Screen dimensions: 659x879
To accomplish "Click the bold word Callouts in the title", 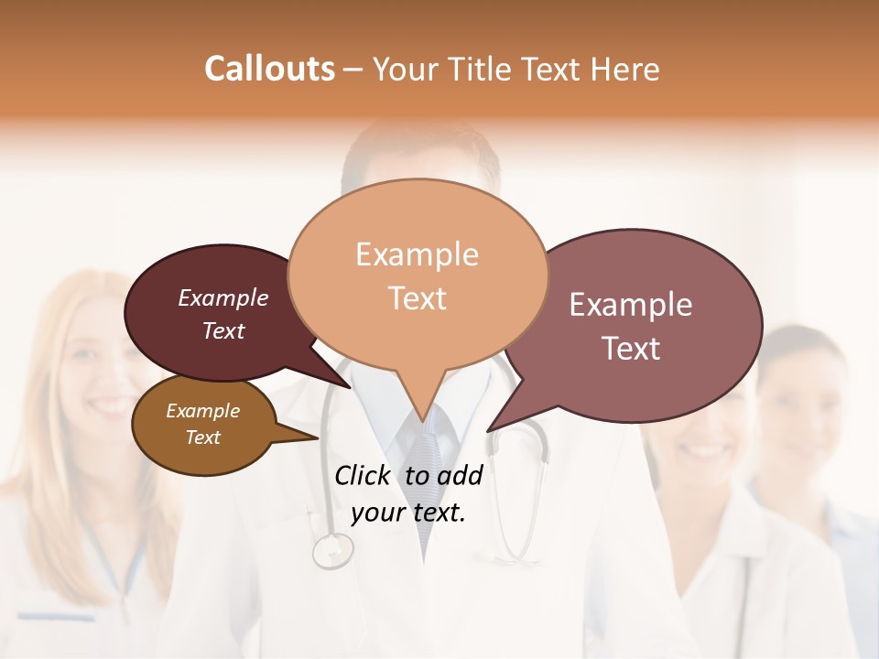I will [x=269, y=69].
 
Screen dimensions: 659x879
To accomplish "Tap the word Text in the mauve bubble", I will [x=631, y=349].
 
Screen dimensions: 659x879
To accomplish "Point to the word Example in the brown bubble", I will [x=202, y=411].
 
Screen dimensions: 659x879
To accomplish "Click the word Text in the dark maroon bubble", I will [x=222, y=330].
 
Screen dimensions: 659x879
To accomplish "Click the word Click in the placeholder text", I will [x=364, y=475].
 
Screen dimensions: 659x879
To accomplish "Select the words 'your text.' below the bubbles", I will [x=408, y=513].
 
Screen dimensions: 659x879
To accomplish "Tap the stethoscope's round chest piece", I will [x=332, y=550].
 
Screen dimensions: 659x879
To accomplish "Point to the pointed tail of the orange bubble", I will [x=422, y=412].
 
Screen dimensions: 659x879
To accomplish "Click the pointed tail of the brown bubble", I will [x=307, y=437].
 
